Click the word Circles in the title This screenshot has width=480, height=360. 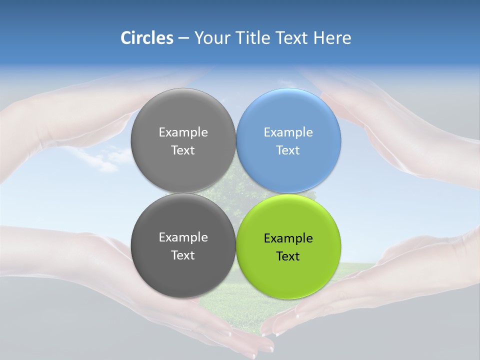(x=147, y=38)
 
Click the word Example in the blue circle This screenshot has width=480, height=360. (x=288, y=132)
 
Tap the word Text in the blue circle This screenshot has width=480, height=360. (x=288, y=150)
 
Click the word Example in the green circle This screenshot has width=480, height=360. (x=288, y=238)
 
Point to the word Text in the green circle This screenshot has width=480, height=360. (x=288, y=256)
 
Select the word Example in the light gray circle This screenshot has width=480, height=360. (x=183, y=132)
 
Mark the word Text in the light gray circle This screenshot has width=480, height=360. (x=183, y=150)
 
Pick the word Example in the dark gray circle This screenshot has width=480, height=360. (x=183, y=237)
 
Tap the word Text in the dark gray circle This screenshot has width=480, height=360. (x=183, y=255)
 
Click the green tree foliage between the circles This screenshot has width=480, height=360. (x=235, y=185)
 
